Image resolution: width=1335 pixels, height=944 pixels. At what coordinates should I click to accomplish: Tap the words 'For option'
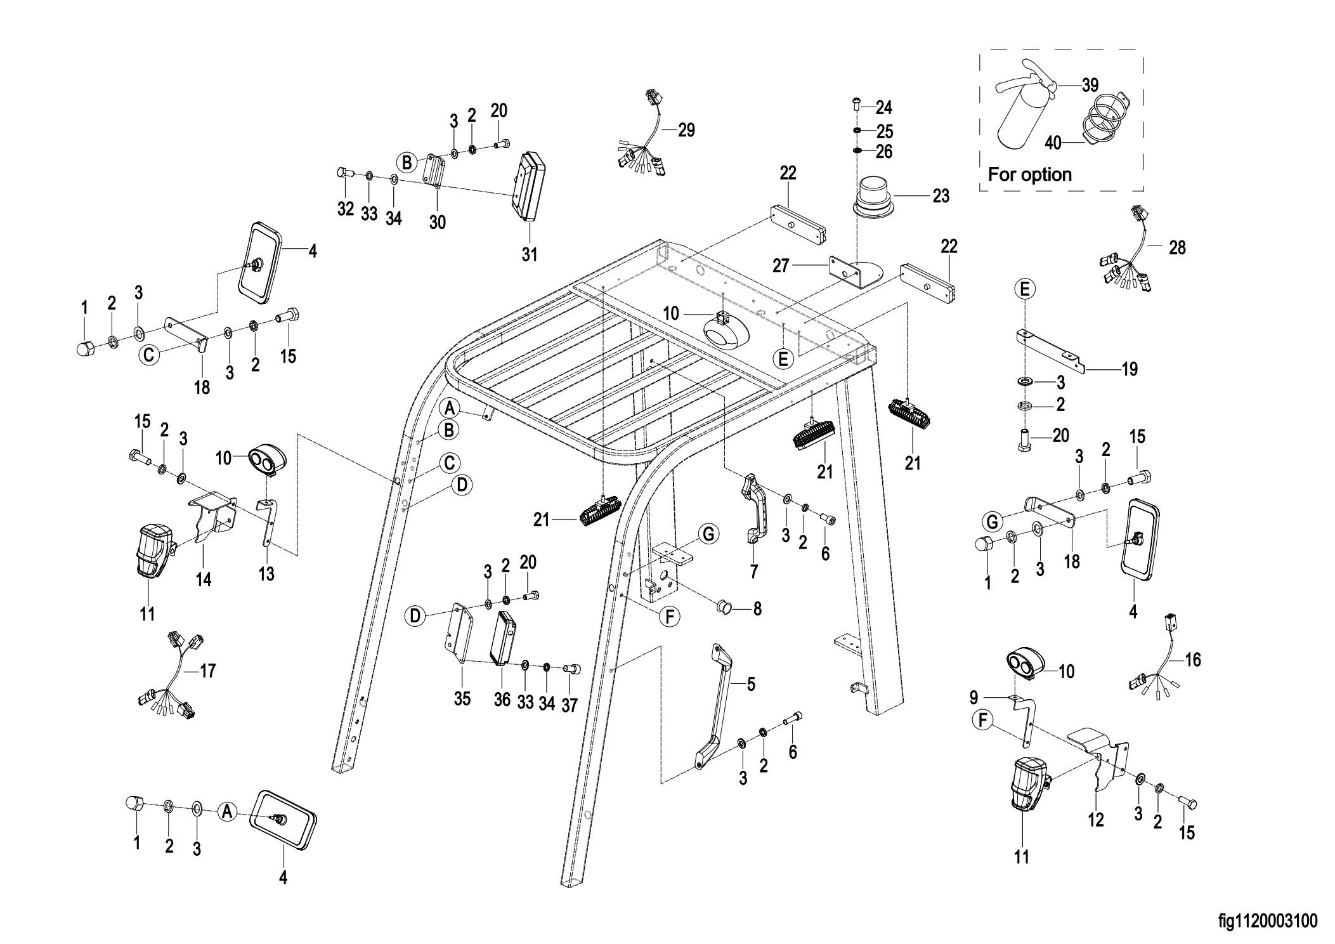[x=1030, y=174]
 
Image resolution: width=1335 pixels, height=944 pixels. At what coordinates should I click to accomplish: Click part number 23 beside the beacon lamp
[x=941, y=196]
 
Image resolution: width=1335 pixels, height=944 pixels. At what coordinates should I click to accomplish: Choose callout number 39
[x=1090, y=85]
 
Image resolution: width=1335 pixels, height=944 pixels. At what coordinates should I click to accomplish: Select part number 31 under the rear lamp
[x=530, y=254]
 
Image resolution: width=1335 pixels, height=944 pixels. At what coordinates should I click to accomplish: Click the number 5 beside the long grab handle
[x=751, y=684]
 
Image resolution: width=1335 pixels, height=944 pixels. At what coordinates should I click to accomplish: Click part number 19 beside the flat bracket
[x=1129, y=369]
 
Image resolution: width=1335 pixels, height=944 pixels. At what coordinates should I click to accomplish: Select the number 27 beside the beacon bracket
[x=781, y=266]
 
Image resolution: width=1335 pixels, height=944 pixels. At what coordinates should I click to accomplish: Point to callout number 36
[x=502, y=699]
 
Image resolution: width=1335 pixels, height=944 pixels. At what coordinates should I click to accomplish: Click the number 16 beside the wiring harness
[x=1192, y=660]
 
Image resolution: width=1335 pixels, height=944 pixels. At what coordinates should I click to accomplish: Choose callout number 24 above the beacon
[x=884, y=108]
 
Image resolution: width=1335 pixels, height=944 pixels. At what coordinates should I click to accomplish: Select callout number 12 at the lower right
[x=1095, y=820]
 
